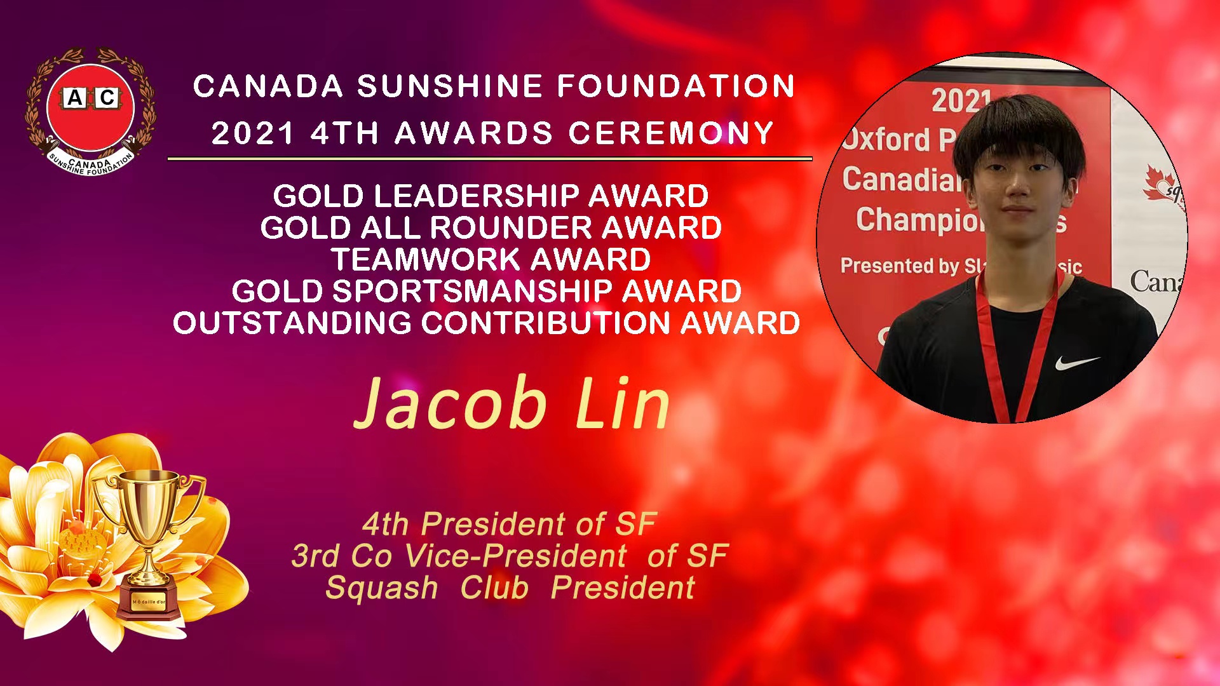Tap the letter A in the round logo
(x=75, y=98)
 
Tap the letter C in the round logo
(x=107, y=98)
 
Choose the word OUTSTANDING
(x=292, y=323)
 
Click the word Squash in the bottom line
(x=382, y=588)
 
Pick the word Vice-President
(x=515, y=556)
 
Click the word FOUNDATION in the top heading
(x=676, y=86)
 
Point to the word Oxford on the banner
(x=886, y=139)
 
